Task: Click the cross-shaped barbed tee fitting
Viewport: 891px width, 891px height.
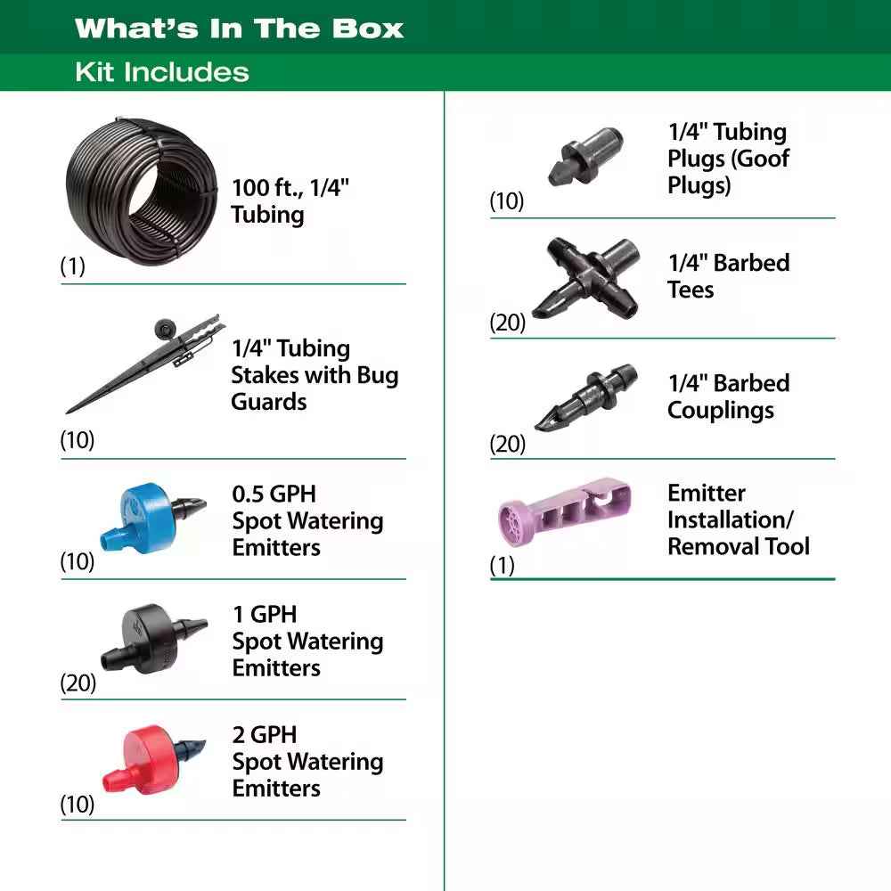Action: coord(585,279)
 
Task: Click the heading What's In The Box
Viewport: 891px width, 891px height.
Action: coord(239,29)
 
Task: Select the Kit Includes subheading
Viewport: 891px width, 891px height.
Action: coord(162,72)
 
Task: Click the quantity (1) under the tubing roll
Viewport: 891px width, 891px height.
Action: coord(72,266)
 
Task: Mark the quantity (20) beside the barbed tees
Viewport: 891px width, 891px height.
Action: coord(508,323)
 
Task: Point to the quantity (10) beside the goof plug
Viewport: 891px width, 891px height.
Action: coord(507,201)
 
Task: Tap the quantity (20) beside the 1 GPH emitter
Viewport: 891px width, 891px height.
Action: coord(78,683)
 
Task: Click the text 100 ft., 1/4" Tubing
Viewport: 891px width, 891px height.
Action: coord(290,201)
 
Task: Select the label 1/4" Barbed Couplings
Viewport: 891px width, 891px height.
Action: coord(728,396)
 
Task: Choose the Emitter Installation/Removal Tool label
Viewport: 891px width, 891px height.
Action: coord(738,519)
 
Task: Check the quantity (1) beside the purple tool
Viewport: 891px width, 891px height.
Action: coord(503,565)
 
